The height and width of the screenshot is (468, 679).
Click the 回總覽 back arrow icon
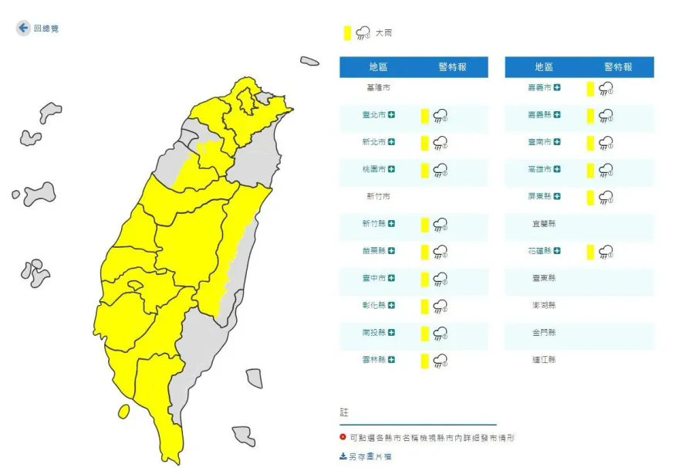click(23, 28)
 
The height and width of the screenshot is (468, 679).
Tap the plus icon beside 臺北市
click(392, 115)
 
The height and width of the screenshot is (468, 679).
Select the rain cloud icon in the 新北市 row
click(441, 143)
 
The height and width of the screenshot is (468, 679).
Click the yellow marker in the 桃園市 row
click(424, 170)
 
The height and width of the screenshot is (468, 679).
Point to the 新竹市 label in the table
click(377, 197)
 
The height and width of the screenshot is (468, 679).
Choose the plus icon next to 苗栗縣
click(392, 251)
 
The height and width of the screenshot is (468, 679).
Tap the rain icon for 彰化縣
click(441, 306)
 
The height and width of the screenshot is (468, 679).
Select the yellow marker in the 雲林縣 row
click(424, 360)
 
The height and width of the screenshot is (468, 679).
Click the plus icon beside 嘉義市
click(557, 88)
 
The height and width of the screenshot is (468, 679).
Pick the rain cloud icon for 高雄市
click(606, 170)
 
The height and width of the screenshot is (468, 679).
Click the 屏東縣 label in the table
click(539, 197)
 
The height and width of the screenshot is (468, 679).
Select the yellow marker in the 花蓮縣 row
click(589, 251)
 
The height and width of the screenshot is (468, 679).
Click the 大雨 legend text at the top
click(383, 33)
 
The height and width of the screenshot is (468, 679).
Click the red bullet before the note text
click(343, 437)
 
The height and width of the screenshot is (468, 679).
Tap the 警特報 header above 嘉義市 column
click(617, 67)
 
